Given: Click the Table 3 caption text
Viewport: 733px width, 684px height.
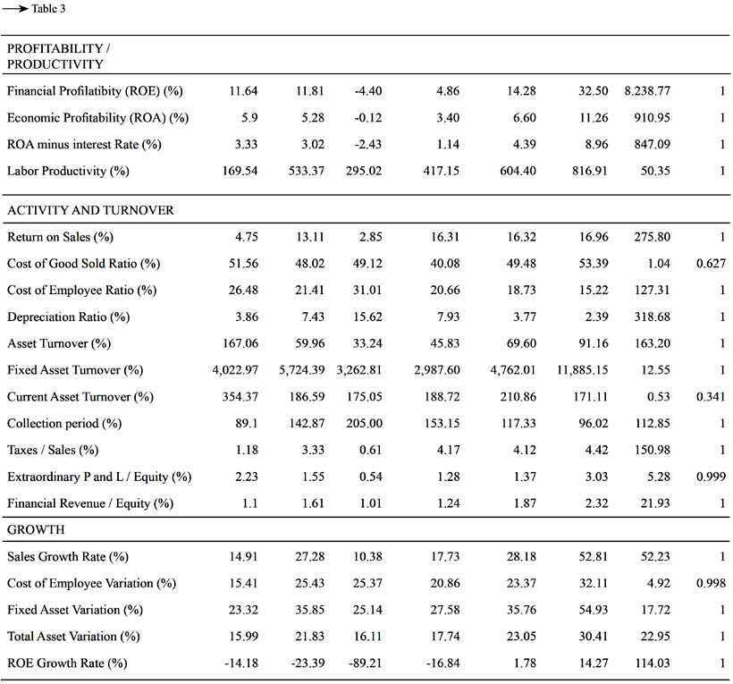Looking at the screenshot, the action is (48, 8).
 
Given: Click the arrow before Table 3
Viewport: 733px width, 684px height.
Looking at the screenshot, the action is (15, 9).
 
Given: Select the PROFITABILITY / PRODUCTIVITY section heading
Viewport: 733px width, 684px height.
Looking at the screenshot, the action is (58, 56).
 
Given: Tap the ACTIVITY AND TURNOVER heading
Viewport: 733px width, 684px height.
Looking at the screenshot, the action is (90, 210).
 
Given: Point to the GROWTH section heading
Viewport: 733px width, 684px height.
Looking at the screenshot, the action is (36, 529).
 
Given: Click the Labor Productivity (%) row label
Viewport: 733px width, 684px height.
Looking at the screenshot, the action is (68, 171).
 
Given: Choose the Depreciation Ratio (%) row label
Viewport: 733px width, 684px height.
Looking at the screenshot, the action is (68, 317).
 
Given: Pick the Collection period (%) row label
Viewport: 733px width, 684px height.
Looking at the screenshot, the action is (64, 424).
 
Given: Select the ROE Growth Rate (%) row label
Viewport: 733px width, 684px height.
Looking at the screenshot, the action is (67, 663).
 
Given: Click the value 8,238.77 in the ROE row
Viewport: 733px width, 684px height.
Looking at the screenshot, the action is (647, 90).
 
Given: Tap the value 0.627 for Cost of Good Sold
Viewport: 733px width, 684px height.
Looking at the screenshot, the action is (711, 264).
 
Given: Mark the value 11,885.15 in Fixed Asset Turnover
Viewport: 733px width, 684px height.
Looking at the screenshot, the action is (582, 370).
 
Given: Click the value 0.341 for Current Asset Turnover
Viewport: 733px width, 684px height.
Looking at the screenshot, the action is (711, 397).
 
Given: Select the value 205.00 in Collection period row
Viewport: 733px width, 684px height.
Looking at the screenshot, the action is (364, 424).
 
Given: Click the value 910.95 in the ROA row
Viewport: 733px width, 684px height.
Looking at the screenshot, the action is (653, 118).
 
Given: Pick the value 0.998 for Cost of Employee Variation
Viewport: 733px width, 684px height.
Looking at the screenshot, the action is (711, 584).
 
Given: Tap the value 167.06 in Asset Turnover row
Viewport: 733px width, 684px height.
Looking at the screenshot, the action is (240, 343).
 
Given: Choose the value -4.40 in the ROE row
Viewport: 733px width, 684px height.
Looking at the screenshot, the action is (368, 90).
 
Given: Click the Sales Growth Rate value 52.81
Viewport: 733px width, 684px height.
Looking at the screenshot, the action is (594, 557).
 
